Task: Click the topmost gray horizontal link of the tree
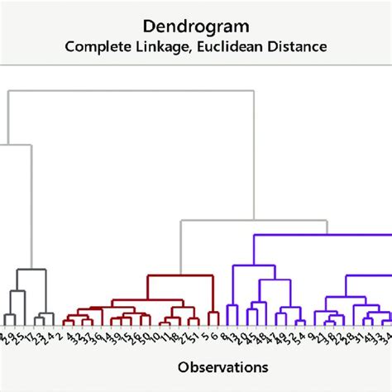[124, 90]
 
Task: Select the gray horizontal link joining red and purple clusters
[248, 221]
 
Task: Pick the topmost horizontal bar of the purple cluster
[314, 236]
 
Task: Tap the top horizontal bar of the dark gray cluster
[30, 270]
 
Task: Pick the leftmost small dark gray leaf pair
[10, 316]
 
